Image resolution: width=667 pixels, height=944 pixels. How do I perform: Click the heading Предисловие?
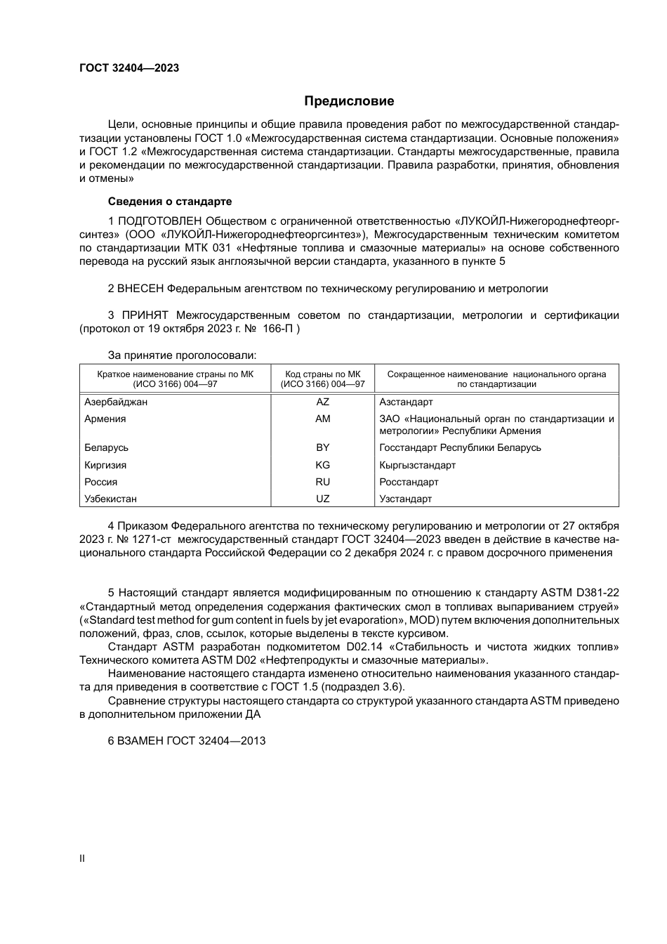click(349, 101)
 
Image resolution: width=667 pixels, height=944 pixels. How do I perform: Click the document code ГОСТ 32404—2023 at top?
click(129, 68)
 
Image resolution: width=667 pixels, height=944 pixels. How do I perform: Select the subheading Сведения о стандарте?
click(170, 202)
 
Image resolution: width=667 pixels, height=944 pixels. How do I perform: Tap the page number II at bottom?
click(82, 858)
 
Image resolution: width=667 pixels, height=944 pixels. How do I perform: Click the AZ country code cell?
click(322, 402)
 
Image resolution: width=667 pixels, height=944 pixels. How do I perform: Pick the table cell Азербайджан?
click(116, 402)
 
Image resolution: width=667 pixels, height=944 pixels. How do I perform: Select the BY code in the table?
click(322, 447)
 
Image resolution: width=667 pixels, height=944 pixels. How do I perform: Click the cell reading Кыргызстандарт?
click(417, 465)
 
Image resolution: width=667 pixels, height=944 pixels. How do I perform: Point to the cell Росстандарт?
click(409, 482)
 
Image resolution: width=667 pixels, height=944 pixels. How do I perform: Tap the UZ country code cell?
click(322, 499)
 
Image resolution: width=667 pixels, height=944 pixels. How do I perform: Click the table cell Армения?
click(105, 419)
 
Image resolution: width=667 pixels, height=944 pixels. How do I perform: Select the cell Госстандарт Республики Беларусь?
click(460, 447)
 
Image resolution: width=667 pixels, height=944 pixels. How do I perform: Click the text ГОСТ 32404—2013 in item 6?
click(216, 741)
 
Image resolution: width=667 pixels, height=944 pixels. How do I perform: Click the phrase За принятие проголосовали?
click(182, 355)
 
